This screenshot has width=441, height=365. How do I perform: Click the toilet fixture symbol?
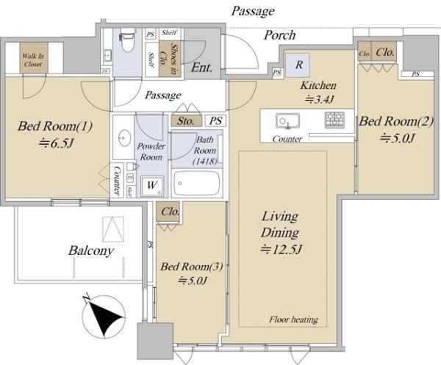click(x=127, y=40)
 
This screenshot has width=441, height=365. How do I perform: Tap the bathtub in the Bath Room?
click(x=196, y=183)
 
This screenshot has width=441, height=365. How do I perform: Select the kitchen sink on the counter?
click(x=287, y=121)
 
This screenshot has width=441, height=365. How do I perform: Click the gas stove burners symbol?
click(x=334, y=120)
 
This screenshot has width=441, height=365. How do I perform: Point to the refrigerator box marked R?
click(x=297, y=65)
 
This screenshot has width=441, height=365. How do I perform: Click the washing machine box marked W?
click(x=152, y=186)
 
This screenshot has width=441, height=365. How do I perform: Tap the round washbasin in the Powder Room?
click(x=124, y=138)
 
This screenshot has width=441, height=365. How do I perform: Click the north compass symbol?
click(x=104, y=317)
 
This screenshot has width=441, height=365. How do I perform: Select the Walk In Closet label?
click(x=33, y=59)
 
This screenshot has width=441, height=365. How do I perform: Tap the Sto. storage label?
click(x=186, y=121)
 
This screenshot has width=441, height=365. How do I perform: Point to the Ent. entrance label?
click(x=201, y=68)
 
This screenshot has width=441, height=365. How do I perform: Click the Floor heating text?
click(x=293, y=319)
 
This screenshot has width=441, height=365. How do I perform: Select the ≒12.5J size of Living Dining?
click(x=282, y=249)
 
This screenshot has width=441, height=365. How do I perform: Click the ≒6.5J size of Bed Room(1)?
click(x=57, y=143)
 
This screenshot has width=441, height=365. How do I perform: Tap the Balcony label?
click(x=91, y=250)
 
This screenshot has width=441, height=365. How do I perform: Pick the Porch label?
click(x=279, y=35)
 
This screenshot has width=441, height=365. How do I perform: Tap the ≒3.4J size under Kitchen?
click(x=320, y=99)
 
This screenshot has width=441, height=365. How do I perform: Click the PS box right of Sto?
click(x=215, y=121)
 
